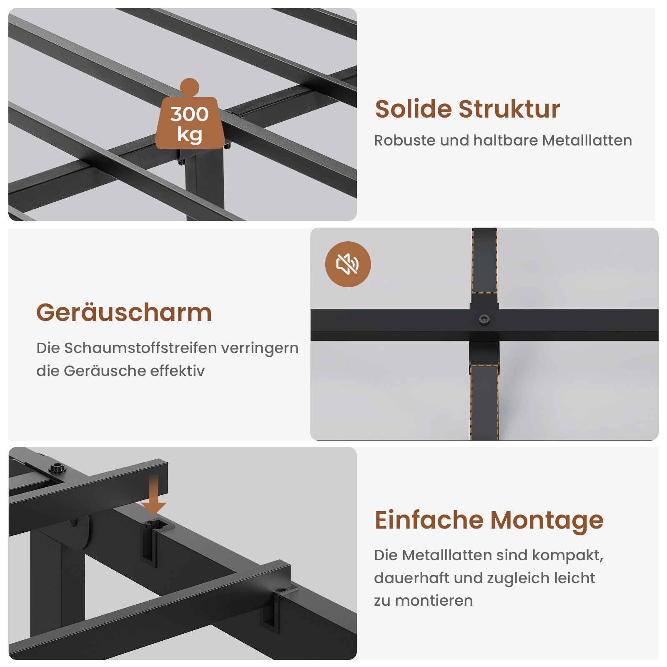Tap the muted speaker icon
pyautogui.click(x=348, y=264)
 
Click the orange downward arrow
pyautogui.click(x=153, y=494)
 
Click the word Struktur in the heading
pyautogui.click(x=509, y=109)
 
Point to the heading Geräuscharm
pyautogui.click(x=124, y=313)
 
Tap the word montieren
pyautogui.click(x=434, y=601)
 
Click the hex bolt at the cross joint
pyautogui.click(x=484, y=320)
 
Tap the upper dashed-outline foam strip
pyautogui.click(x=484, y=261)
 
